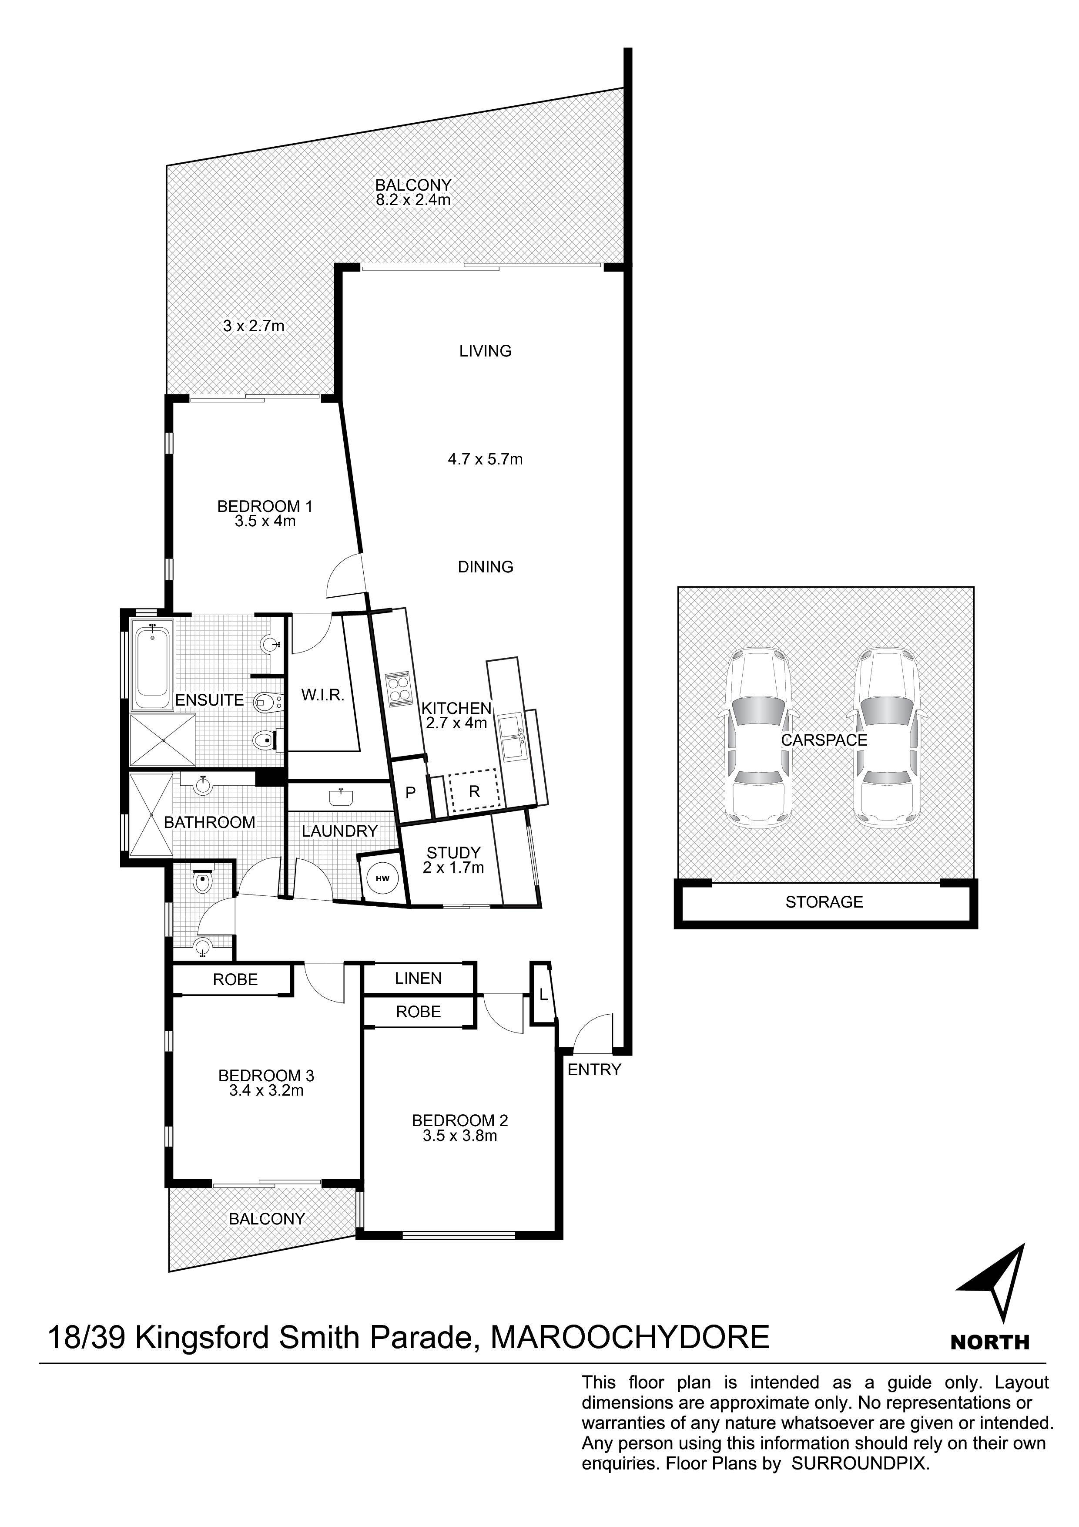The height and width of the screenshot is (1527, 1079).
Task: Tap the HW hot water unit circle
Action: tap(382, 878)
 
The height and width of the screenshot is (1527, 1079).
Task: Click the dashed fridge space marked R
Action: tap(474, 791)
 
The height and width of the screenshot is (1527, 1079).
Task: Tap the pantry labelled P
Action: tap(411, 792)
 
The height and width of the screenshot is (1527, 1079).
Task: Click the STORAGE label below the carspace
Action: tap(824, 902)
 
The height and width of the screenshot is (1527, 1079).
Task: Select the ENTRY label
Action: tap(594, 1070)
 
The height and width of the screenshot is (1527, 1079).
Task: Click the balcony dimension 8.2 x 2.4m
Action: tap(413, 199)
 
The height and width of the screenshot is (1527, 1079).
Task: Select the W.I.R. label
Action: tap(322, 696)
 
